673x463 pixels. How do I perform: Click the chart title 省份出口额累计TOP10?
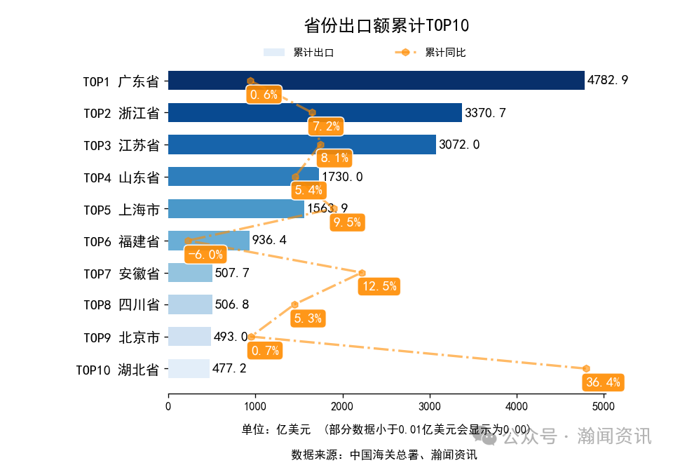pyautogui.click(x=386, y=26)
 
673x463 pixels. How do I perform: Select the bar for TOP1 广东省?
pyautogui.click(x=376, y=81)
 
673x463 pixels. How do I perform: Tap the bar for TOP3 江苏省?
pyautogui.click(x=301, y=145)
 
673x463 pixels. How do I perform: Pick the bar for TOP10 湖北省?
pyautogui.click(x=189, y=369)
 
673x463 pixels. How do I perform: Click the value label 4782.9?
pyautogui.click(x=608, y=81)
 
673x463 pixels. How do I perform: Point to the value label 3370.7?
pyautogui.click(x=486, y=113)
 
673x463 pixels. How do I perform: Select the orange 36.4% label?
pyautogui.click(x=602, y=382)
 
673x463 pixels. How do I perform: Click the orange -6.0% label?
pyautogui.click(x=205, y=255)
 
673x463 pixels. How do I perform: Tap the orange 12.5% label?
pyautogui.click(x=379, y=286)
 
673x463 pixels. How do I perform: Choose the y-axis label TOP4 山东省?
pyautogui.click(x=121, y=177)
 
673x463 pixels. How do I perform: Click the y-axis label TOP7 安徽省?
pyautogui.click(x=121, y=274)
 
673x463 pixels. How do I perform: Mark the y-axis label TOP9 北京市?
pyautogui.click(x=121, y=337)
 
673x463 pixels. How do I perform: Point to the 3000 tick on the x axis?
pyautogui.click(x=429, y=405)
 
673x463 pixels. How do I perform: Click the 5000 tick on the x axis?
pyautogui.click(x=604, y=405)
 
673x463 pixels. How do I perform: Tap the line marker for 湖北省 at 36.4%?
pyautogui.click(x=586, y=368)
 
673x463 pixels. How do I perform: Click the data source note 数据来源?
pyautogui.click(x=384, y=455)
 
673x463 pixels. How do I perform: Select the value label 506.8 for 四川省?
pyautogui.click(x=232, y=305)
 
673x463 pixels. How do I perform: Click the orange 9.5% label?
pyautogui.click(x=347, y=222)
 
